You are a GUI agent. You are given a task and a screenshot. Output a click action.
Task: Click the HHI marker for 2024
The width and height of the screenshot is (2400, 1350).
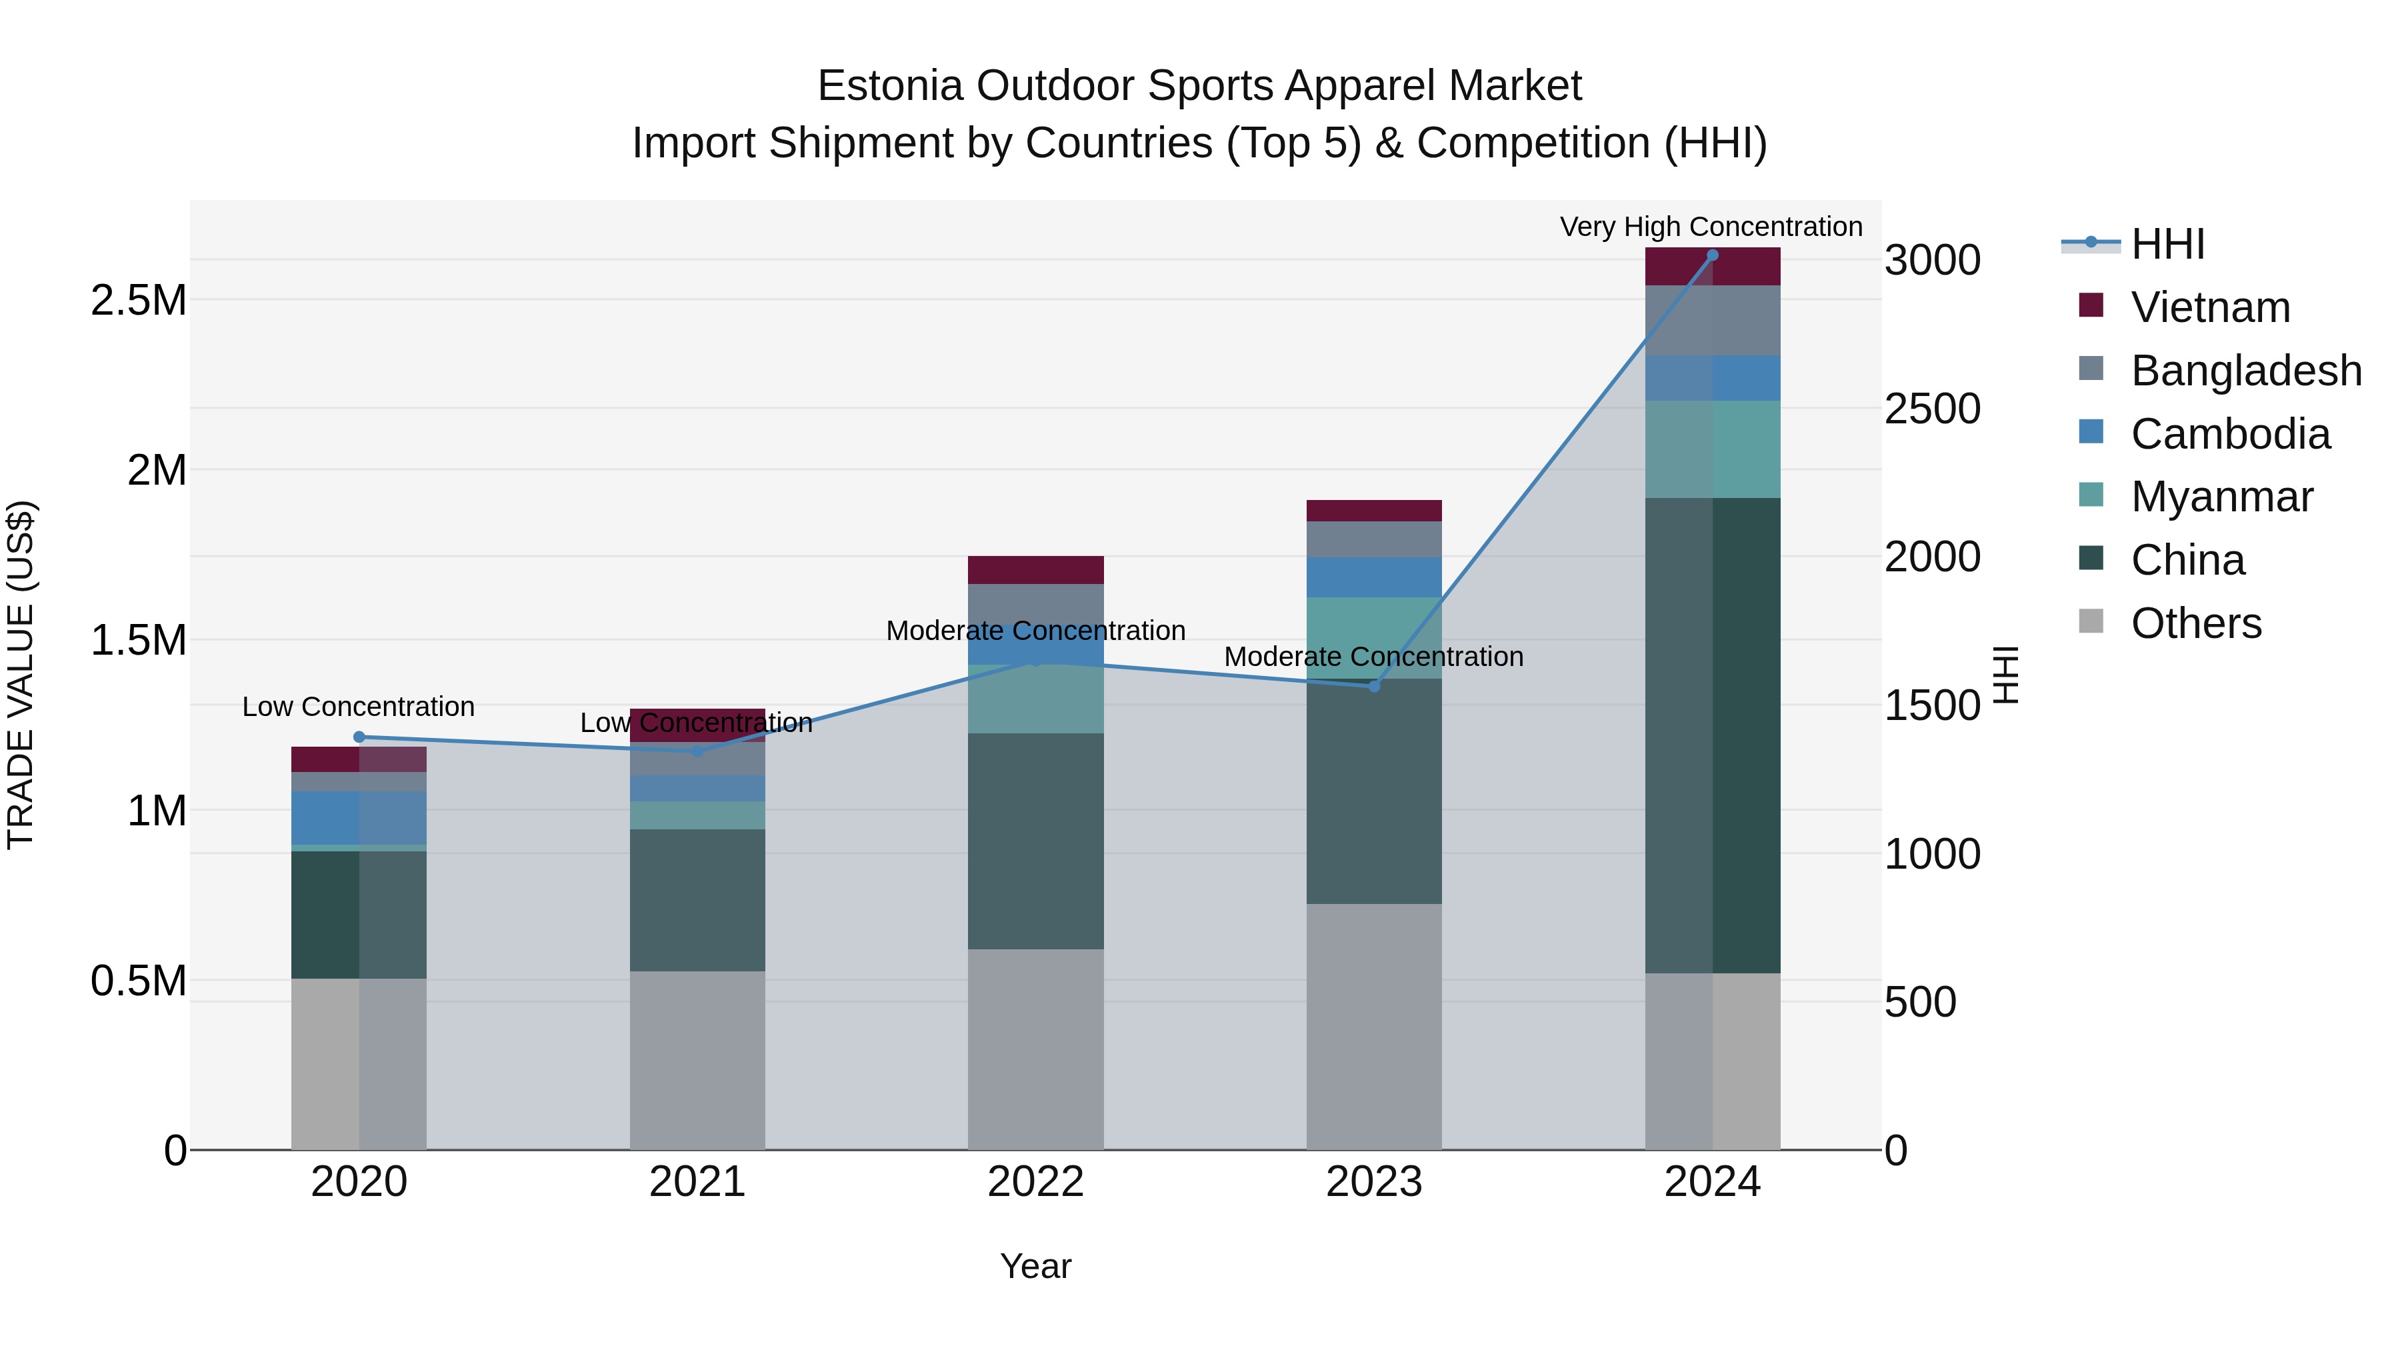(x=1711, y=255)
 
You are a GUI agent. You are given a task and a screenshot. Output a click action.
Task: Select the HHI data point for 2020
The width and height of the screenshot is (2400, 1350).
(x=359, y=737)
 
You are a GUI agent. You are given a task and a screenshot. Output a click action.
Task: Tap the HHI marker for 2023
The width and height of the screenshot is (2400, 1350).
(x=1373, y=686)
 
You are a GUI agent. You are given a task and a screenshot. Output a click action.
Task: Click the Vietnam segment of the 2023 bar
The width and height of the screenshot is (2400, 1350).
(x=1373, y=511)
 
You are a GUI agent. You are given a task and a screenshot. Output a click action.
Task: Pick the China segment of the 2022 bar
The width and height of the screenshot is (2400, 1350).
(x=1035, y=841)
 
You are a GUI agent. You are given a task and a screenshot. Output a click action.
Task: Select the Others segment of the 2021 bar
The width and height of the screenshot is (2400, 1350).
(x=697, y=1060)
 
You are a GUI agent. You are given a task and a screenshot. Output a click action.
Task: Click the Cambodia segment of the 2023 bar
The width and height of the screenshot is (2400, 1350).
(x=1373, y=577)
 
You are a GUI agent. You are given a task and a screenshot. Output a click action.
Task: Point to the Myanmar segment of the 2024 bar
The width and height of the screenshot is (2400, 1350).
(x=1711, y=449)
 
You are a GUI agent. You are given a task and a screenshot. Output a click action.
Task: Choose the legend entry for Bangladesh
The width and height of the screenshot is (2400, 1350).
(x=2245, y=371)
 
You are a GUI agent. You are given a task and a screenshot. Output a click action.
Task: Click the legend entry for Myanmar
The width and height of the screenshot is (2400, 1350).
(x=2221, y=497)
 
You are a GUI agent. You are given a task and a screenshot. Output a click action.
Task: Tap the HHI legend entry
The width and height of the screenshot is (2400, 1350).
(x=2167, y=244)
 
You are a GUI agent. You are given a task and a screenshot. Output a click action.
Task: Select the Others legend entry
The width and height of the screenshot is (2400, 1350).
(x=2195, y=623)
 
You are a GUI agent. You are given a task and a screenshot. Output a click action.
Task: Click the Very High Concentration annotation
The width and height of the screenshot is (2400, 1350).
(x=1711, y=227)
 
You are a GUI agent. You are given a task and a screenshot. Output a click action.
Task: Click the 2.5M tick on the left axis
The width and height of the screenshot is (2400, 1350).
(x=138, y=300)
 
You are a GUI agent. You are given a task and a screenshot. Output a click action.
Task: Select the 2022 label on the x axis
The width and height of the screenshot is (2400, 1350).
(x=1035, y=1182)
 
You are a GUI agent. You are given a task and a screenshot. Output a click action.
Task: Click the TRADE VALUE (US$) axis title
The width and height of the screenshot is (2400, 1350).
(x=21, y=675)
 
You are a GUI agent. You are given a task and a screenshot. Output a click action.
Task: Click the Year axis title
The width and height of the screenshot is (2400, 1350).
(x=1035, y=1266)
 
